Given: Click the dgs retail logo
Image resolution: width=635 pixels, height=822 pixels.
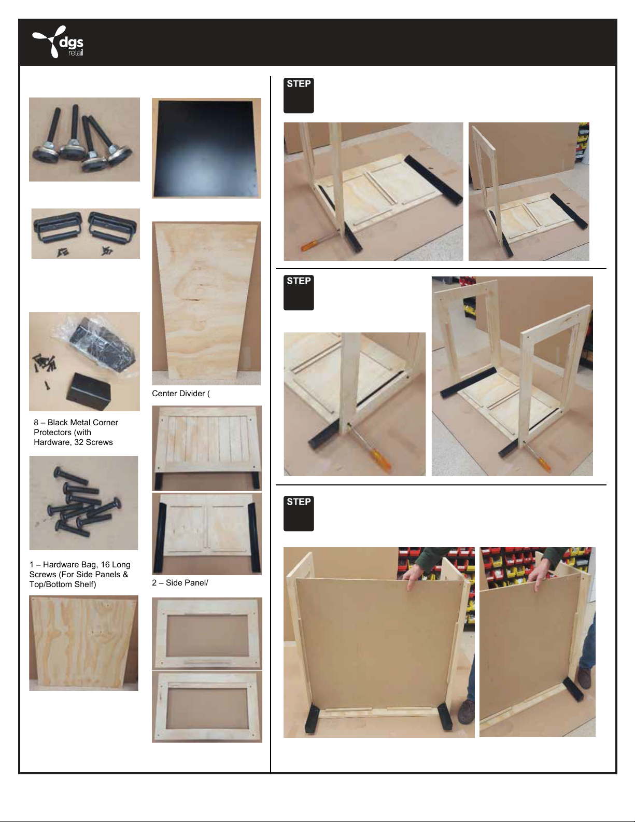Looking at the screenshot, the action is pyautogui.click(x=58, y=41).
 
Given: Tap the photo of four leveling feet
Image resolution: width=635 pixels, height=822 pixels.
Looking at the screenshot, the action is pyautogui.click(x=84, y=139).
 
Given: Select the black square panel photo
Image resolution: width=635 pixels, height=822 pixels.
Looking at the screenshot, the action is pyautogui.click(x=206, y=148).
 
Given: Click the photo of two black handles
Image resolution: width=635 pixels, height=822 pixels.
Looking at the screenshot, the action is pyautogui.click(x=86, y=233).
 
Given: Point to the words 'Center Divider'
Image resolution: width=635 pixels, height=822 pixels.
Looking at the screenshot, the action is pyautogui.click(x=178, y=394).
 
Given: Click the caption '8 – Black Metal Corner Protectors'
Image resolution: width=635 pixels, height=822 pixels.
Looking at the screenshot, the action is pyautogui.click(x=76, y=427).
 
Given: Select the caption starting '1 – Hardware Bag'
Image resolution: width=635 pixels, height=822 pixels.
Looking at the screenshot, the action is pyautogui.click(x=80, y=574).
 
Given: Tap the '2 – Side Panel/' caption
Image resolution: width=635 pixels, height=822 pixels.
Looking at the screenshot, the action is pyautogui.click(x=180, y=582).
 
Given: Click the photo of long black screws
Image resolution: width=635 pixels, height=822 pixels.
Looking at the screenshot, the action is pyautogui.click(x=83, y=503).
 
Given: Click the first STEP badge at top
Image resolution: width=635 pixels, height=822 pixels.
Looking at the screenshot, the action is pyautogui.click(x=299, y=95).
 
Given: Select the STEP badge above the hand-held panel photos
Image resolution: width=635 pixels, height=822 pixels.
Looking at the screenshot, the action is pyautogui.click(x=299, y=513).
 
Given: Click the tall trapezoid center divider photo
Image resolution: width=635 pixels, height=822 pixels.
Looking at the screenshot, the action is pyautogui.click(x=206, y=303).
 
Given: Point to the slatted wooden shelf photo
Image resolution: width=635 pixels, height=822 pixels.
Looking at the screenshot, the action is pyautogui.click(x=207, y=448).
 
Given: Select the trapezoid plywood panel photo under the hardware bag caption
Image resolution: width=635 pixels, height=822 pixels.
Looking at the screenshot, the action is pyautogui.click(x=83, y=643).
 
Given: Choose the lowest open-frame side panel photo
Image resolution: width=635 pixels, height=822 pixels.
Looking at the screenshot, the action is pyautogui.click(x=207, y=707).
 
